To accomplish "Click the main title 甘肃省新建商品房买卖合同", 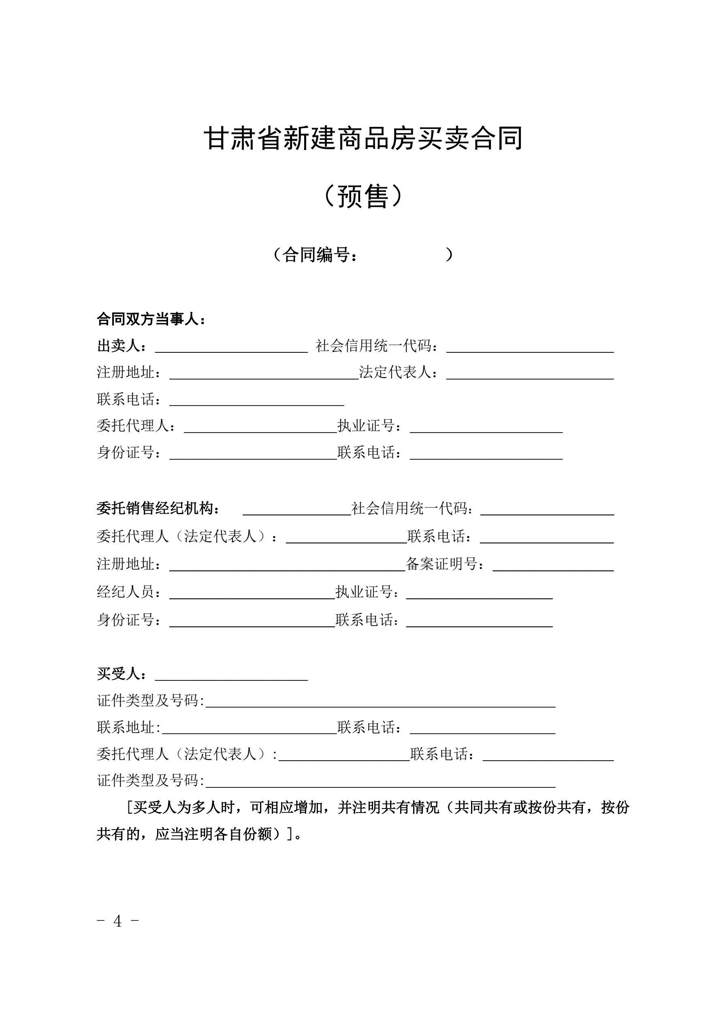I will pos(363,139).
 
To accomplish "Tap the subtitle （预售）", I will pos(363,196).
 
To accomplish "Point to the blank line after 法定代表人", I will pos(530,375).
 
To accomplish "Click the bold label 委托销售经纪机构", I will pos(158,508).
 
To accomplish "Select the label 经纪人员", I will pos(126,592).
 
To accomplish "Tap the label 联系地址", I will pos(126,727).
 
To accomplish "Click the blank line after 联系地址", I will pos(250,730).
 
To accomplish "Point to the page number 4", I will pos(117,921).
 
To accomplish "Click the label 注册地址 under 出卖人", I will pos(126,373).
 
